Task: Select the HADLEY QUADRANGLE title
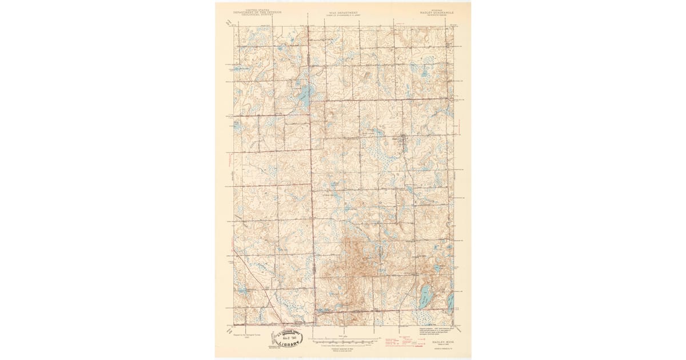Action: tap(424, 11)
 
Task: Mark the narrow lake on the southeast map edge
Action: tap(451, 302)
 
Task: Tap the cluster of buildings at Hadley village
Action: tap(402, 140)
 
